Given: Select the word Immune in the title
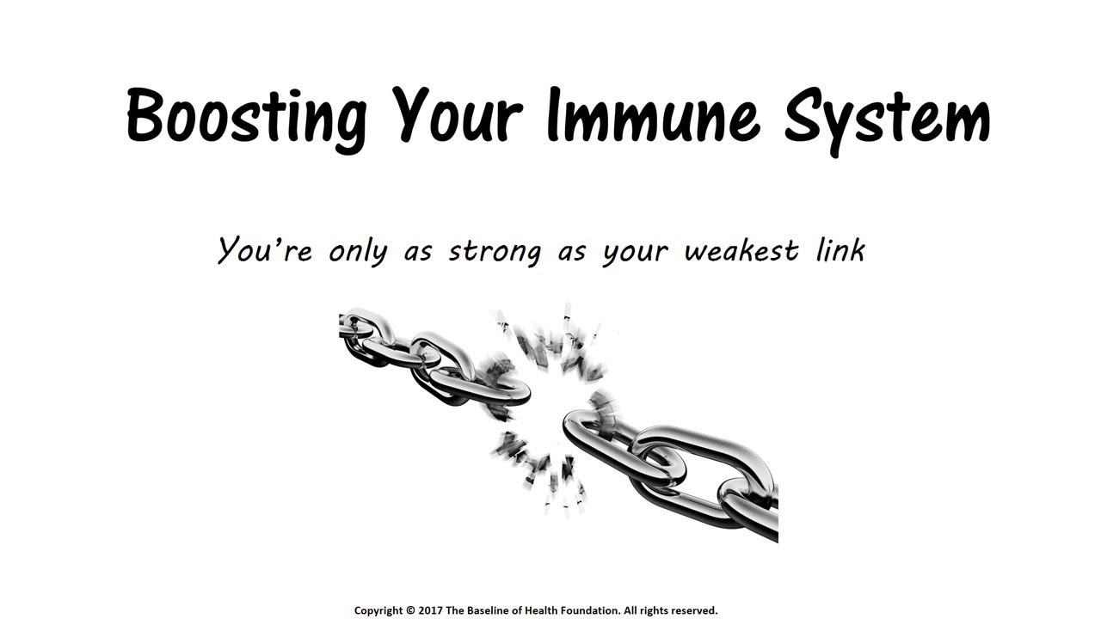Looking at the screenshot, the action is point(653,114).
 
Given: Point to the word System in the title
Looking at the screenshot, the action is point(887,121).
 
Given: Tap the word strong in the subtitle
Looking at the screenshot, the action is point(495,253).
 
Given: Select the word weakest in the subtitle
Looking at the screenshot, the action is point(741,250).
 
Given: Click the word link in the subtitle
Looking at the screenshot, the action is point(840,249).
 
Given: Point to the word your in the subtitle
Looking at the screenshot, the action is point(635,254).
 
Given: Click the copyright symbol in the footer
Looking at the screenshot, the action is point(410,610).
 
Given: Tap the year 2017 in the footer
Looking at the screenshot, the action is point(431,610).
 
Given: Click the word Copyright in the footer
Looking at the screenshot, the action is point(378,611).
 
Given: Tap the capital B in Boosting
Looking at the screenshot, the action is point(144,114).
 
